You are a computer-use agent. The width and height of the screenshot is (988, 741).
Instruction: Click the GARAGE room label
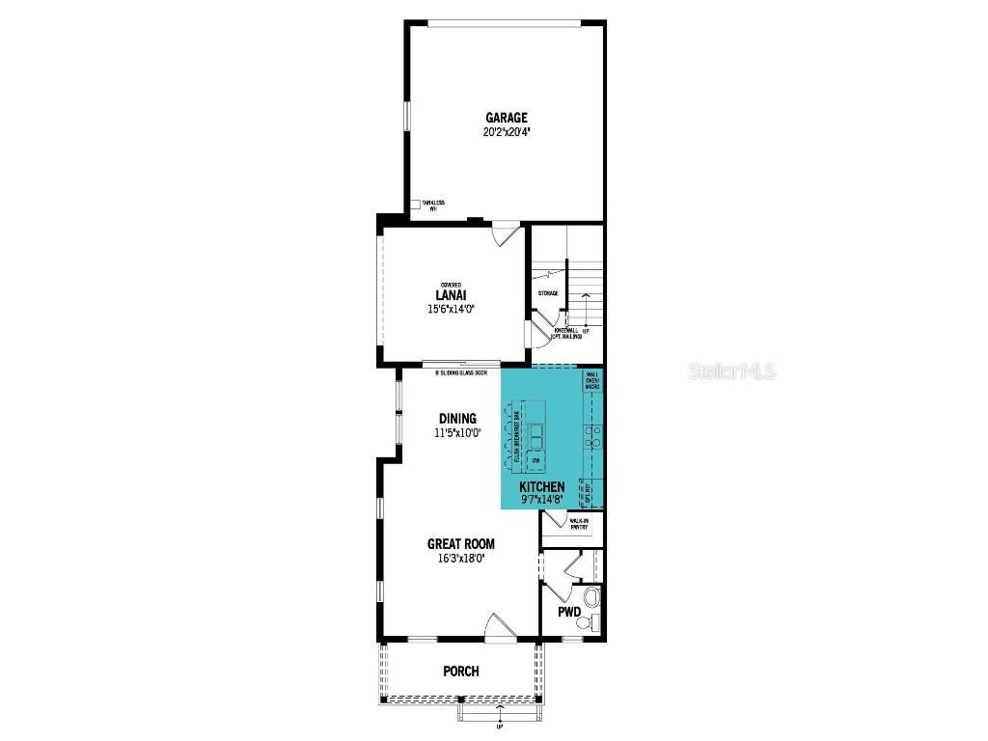tap(507, 118)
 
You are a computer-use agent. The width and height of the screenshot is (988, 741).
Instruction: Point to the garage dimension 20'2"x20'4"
tap(507, 132)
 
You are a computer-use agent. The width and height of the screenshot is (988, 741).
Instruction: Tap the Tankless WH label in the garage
tap(432, 206)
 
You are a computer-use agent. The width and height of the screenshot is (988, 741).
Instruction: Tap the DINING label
tap(457, 419)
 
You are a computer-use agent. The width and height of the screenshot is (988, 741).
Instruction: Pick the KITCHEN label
tap(541, 487)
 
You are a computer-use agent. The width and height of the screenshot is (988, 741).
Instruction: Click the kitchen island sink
tap(535, 431)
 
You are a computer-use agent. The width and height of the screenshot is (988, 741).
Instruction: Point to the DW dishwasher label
tap(534, 461)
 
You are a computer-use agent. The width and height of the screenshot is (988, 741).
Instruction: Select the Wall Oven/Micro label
tap(592, 379)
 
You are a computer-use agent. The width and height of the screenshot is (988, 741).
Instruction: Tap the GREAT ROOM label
tap(461, 544)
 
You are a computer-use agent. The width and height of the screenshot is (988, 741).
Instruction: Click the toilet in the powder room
tap(591, 601)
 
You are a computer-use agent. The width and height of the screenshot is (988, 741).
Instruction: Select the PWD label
tap(569, 613)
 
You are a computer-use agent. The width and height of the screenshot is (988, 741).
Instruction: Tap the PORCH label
tap(460, 672)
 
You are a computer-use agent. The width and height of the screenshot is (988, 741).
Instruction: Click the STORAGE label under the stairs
tap(548, 293)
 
